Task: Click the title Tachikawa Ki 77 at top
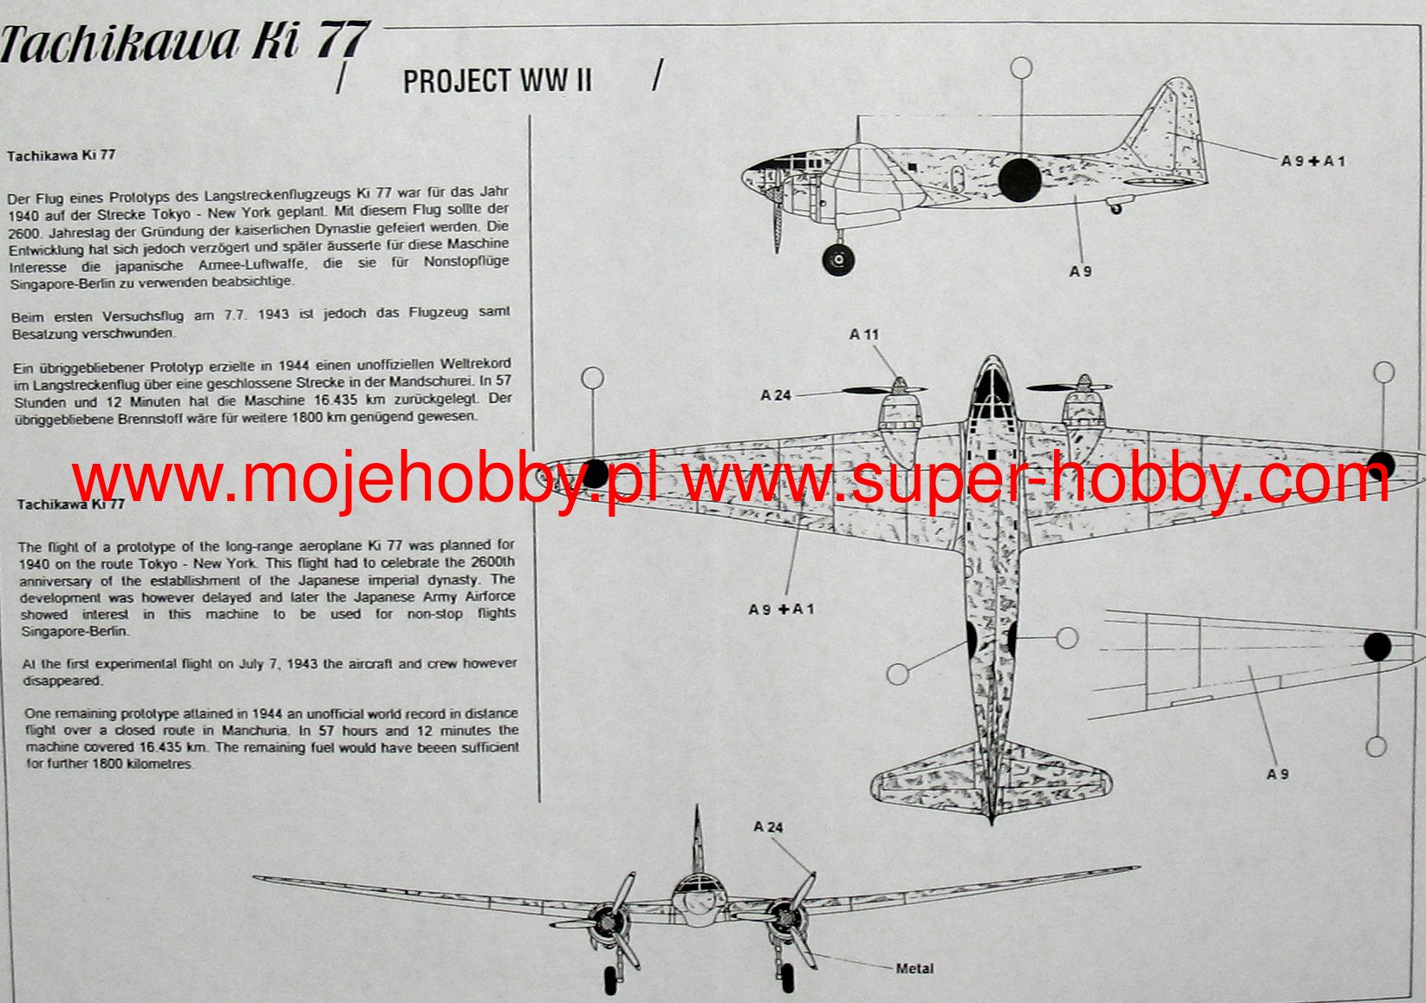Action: [x=184, y=43]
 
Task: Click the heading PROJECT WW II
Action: [x=497, y=81]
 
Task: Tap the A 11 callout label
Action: [x=864, y=334]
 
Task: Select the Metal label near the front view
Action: [x=915, y=968]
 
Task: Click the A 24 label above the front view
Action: [x=768, y=827]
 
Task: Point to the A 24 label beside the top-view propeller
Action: [x=776, y=395]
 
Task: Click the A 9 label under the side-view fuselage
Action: [x=1080, y=271]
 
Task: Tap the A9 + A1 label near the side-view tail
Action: [x=1312, y=161]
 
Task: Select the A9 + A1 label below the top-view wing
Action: [x=781, y=609]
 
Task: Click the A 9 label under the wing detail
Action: [x=1278, y=774]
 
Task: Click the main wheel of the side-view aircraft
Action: [x=838, y=259]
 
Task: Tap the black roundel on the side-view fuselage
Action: [x=1019, y=180]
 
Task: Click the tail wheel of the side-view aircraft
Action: [x=1116, y=208]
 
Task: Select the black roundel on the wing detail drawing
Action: [x=1377, y=647]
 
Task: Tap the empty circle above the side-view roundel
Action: [x=1022, y=68]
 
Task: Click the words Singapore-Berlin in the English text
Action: [x=75, y=631]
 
